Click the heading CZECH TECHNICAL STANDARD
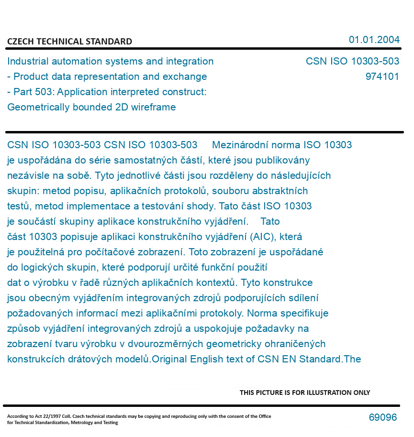(x=69, y=42)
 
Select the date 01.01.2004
(x=374, y=40)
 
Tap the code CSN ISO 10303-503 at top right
(x=352, y=61)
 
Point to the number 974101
(x=382, y=76)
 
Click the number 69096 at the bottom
(x=382, y=417)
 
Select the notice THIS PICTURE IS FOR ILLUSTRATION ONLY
(x=305, y=393)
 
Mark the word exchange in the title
(x=189, y=76)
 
